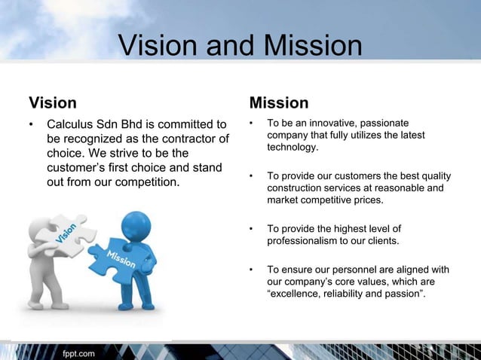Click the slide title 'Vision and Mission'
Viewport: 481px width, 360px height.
click(240, 46)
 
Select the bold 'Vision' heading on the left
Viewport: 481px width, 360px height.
click(52, 102)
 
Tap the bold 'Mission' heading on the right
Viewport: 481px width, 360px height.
click(278, 102)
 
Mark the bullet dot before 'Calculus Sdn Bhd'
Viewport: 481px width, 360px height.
click(32, 124)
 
